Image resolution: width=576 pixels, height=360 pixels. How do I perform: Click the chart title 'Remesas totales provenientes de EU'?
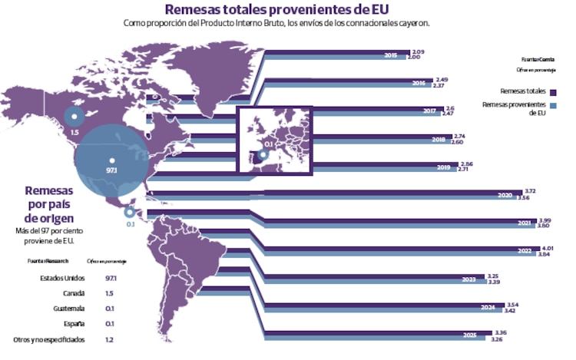coord(276,9)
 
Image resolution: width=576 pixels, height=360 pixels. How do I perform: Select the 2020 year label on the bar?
coord(505,196)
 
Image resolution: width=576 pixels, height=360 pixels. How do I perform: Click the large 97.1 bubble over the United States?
coord(112,163)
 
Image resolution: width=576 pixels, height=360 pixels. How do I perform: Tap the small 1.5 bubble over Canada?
coord(74,117)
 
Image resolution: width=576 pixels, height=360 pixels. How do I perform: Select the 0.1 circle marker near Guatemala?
coord(130,213)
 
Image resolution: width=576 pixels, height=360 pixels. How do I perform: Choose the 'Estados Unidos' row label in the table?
coord(61,278)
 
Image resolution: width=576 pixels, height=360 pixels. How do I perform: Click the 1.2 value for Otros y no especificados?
coord(110,339)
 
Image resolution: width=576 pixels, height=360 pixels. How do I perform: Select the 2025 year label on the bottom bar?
coord(471,335)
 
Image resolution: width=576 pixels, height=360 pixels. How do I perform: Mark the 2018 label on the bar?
coord(439,140)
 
